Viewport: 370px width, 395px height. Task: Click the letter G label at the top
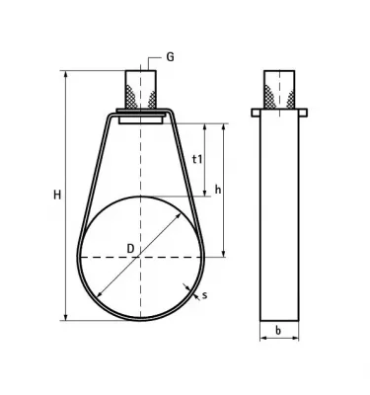pos(170,58)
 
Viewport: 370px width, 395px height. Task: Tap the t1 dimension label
pos(197,159)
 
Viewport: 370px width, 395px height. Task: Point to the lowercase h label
pos(218,190)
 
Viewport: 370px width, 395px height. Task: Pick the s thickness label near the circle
pos(204,294)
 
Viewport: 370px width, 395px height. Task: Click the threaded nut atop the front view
pos(140,90)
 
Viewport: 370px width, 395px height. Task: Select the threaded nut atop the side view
pos(280,90)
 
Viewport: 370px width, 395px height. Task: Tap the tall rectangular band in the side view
pos(280,217)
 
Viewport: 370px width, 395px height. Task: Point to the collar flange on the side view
pos(280,113)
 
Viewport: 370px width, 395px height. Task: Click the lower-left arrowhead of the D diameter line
pos(99,296)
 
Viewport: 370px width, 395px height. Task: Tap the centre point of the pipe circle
pos(140,257)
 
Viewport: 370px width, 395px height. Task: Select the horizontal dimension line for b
pos(280,338)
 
